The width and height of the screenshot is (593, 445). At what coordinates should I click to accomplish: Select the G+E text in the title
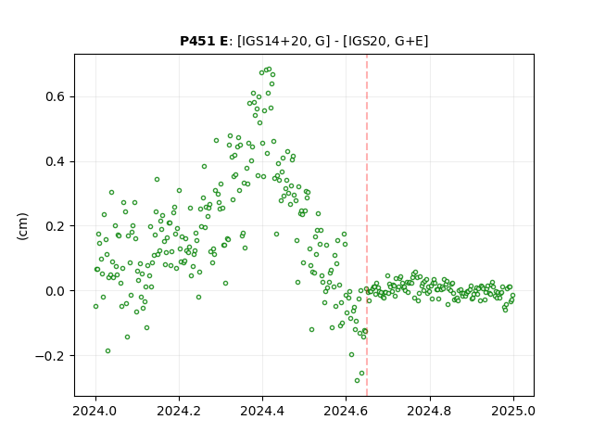[409, 41]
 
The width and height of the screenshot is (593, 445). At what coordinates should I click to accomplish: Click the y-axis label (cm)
[22, 226]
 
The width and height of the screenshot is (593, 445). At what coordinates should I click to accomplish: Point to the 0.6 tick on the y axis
[56, 96]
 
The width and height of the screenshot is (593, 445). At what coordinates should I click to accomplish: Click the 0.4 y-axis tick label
[56, 161]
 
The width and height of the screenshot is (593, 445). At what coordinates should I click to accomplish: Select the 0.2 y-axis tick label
[56, 226]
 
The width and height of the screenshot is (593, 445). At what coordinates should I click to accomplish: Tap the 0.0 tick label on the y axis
[56, 291]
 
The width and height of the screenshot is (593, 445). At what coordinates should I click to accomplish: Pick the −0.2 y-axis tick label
[50, 356]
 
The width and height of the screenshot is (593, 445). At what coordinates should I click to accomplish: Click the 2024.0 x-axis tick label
[95, 411]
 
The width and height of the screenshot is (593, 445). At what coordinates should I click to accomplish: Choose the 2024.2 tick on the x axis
[179, 411]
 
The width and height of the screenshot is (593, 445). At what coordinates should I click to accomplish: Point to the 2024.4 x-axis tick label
[262, 411]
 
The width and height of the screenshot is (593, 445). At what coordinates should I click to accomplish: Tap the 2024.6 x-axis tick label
[346, 411]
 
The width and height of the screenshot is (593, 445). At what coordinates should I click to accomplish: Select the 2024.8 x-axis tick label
[430, 411]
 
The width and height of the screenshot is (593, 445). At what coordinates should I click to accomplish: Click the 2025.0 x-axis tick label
[513, 411]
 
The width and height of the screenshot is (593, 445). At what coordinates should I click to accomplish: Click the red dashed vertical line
[367, 225]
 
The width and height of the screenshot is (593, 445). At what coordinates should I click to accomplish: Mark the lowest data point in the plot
[357, 380]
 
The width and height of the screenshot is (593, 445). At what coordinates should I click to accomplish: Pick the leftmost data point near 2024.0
[95, 306]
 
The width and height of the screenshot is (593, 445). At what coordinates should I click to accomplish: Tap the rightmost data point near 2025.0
[512, 295]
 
